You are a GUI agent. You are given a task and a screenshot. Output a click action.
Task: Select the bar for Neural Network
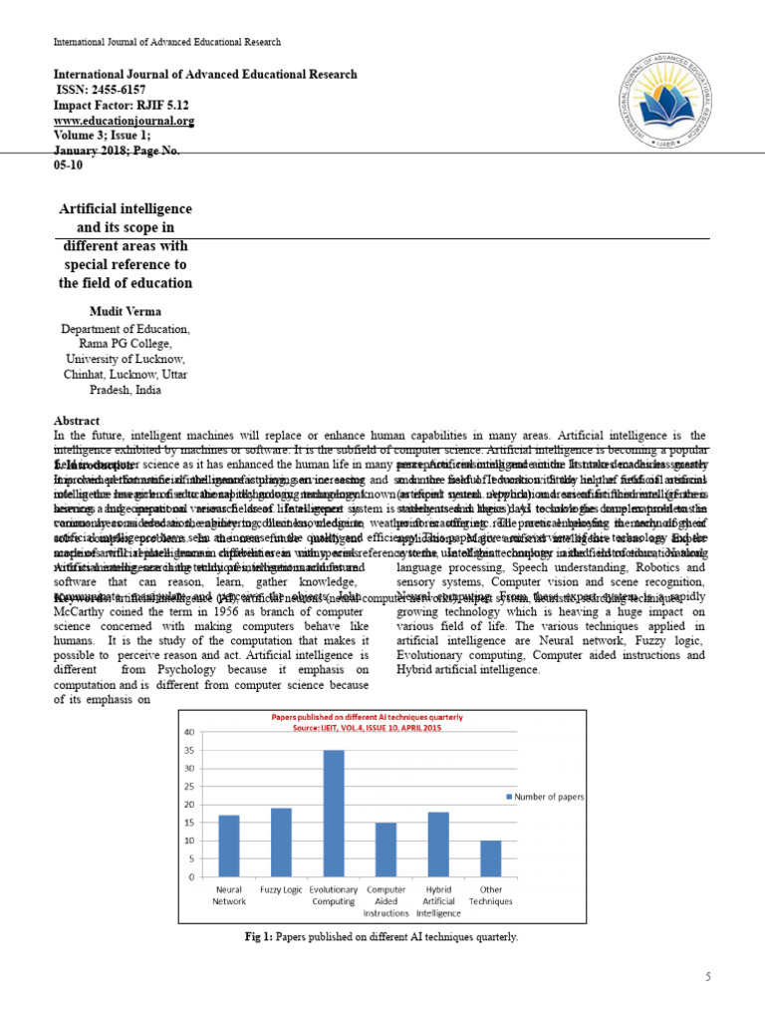click(228, 846)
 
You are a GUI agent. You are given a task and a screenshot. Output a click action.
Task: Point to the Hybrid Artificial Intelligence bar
click(437, 844)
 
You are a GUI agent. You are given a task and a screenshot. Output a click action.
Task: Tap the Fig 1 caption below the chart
click(382, 937)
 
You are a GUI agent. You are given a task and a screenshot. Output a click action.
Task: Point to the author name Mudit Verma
click(125, 312)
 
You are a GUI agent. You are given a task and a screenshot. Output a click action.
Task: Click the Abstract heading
click(74, 421)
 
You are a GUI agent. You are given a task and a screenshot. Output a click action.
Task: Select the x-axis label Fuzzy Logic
click(280, 888)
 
